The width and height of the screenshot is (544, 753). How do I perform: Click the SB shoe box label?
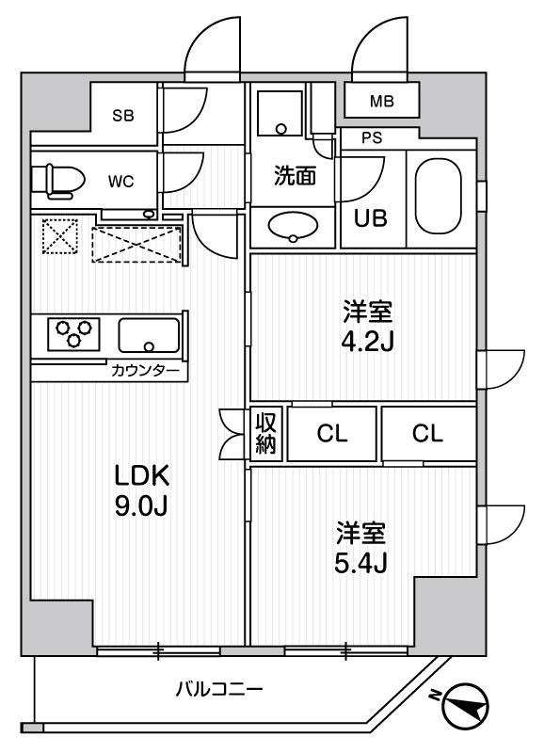123,116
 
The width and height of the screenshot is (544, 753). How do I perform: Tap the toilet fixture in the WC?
54,179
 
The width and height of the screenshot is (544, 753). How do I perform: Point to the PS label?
374,137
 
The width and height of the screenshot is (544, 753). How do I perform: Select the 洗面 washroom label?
294,178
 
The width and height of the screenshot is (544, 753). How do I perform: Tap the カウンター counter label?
148,372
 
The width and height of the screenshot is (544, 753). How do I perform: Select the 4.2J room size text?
363,339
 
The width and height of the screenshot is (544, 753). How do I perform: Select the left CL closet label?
330,434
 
